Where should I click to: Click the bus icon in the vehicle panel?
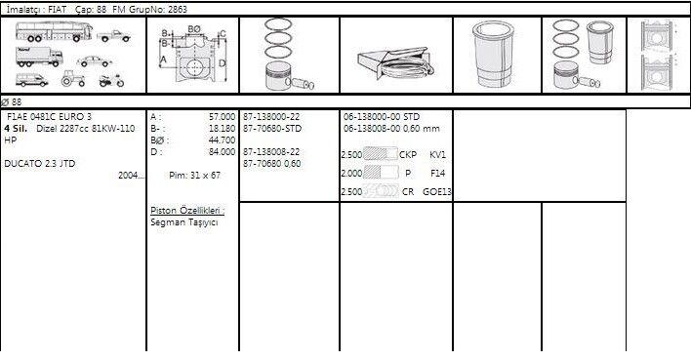click(x=54, y=31)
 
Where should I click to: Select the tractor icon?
click(x=73, y=78)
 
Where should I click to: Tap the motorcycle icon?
click(x=111, y=81)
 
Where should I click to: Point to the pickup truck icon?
click(x=113, y=36)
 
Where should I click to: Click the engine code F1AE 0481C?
click(x=33, y=117)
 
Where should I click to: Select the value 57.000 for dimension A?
click(x=223, y=117)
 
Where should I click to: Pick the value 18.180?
click(x=223, y=128)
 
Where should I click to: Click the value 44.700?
click(x=223, y=140)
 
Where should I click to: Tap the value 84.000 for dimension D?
click(x=223, y=152)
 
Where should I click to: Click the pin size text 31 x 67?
click(x=205, y=175)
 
